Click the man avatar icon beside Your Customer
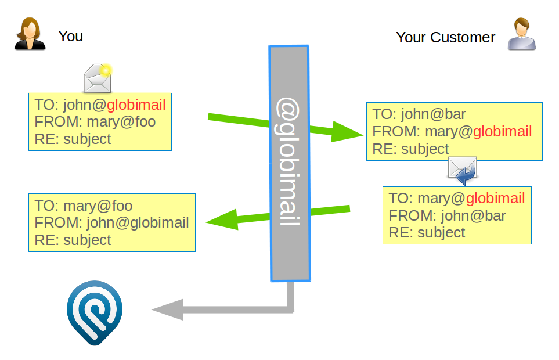[x=521, y=34]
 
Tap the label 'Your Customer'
[x=445, y=38]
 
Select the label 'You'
[x=70, y=36]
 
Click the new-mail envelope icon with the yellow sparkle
[x=98, y=79]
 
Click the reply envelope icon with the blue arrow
[x=462, y=170]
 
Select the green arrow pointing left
[x=278, y=215]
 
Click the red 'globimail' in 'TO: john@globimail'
[x=136, y=105]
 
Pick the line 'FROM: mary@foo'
[x=95, y=122]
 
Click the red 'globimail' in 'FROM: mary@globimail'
[x=502, y=132]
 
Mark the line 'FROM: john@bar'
[x=447, y=216]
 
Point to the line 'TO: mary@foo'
[x=84, y=206]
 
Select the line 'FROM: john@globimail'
[x=111, y=223]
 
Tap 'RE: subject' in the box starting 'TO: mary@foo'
[x=73, y=240]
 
